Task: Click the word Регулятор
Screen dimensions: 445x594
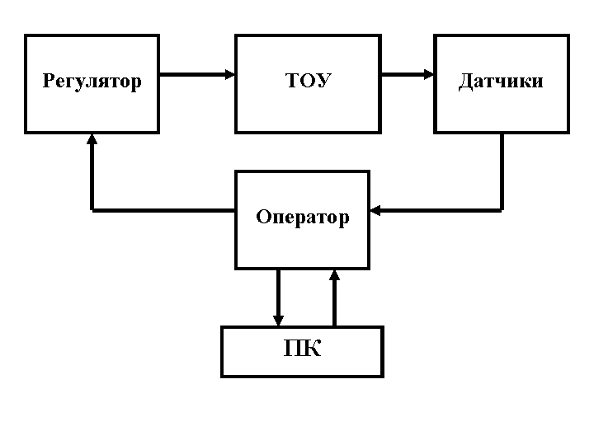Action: click(x=92, y=82)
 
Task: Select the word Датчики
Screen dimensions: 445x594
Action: click(x=501, y=82)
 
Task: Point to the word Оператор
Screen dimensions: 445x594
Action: click(x=302, y=218)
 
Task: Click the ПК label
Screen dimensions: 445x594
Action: click(x=302, y=349)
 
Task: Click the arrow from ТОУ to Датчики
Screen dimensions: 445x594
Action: click(x=408, y=74)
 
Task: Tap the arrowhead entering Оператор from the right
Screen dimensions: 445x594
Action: click(x=375, y=210)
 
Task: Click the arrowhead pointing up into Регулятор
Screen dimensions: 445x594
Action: click(x=92, y=139)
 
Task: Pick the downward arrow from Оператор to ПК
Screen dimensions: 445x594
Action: click(x=278, y=297)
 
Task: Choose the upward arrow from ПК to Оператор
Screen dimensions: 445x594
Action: click(x=334, y=297)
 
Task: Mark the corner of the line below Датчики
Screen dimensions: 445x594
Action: click(x=502, y=210)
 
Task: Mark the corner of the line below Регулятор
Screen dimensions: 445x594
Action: click(x=92, y=210)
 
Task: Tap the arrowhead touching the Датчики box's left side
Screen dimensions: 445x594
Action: click(x=429, y=74)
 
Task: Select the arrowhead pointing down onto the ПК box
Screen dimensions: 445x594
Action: click(x=278, y=321)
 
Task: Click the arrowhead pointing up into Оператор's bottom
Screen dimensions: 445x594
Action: click(x=334, y=274)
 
